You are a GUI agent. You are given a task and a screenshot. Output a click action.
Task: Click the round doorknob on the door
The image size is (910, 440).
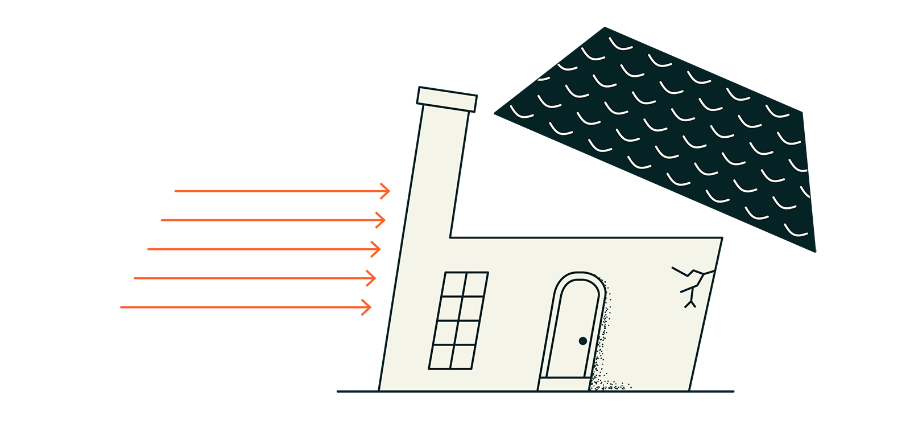pyautogui.click(x=582, y=341)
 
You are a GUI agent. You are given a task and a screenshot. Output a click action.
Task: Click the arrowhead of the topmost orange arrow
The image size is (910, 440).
pyautogui.click(x=388, y=191)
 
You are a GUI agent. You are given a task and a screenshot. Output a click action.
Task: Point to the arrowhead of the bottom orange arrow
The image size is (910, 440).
pyautogui.click(x=369, y=307)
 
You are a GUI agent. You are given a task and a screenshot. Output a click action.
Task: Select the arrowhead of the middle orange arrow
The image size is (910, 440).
pyautogui.click(x=378, y=249)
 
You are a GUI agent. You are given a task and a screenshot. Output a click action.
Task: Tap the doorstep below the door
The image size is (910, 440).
pyautogui.click(x=564, y=385)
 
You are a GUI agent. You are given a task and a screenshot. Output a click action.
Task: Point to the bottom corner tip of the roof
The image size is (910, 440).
pyautogui.click(x=814, y=250)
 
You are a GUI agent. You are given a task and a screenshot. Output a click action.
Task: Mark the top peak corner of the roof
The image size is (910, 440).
pyautogui.click(x=605, y=28)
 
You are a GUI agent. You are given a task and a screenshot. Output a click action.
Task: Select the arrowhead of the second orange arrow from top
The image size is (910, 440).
pyautogui.click(x=383, y=220)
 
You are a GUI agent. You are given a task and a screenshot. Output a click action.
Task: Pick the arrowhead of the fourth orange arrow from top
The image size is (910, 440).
pyautogui.click(x=374, y=278)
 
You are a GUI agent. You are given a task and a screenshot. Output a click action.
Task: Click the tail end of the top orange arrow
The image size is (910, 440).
pyautogui.click(x=176, y=191)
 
